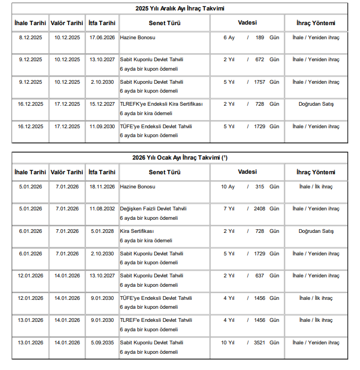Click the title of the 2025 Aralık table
(180, 8)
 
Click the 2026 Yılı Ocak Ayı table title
(180, 158)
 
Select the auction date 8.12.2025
(30, 38)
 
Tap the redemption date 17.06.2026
(102, 38)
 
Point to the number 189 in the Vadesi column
(260, 38)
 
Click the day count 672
(260, 60)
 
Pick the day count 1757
(260, 82)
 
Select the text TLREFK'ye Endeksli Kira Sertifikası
(161, 104)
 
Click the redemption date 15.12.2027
(102, 104)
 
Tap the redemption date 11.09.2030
(102, 126)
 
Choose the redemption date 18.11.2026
(102, 187)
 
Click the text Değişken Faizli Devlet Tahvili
(153, 209)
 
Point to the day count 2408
(260, 209)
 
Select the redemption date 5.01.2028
(102, 231)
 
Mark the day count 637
(260, 276)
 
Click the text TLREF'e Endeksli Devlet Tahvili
(156, 320)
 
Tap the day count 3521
(260, 343)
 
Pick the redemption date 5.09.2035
(102, 343)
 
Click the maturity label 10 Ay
(228, 187)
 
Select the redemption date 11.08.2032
(102, 209)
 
